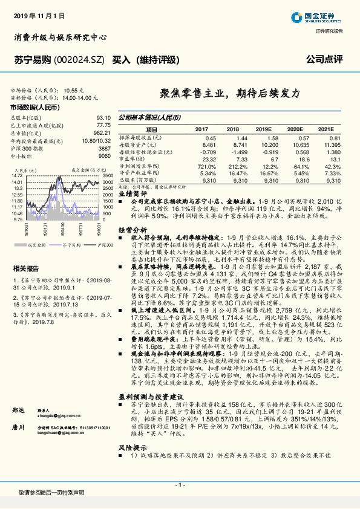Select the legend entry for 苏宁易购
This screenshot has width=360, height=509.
70,245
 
